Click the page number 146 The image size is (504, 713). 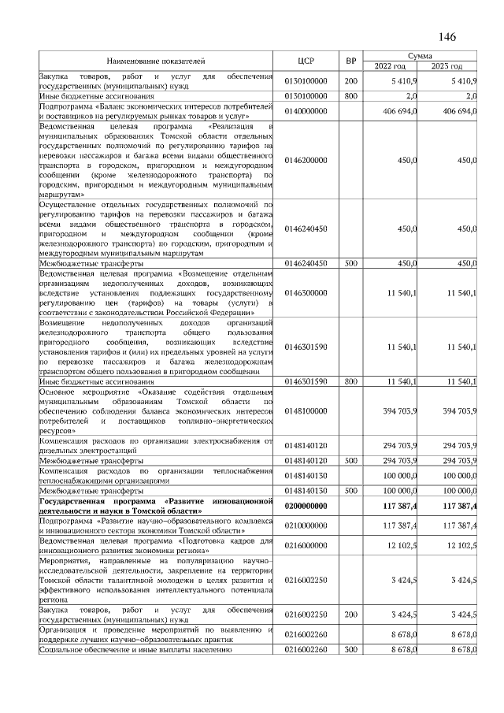[447, 36]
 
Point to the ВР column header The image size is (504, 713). [351, 60]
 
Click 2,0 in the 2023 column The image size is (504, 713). [471, 96]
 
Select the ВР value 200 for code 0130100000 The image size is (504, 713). [351, 80]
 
